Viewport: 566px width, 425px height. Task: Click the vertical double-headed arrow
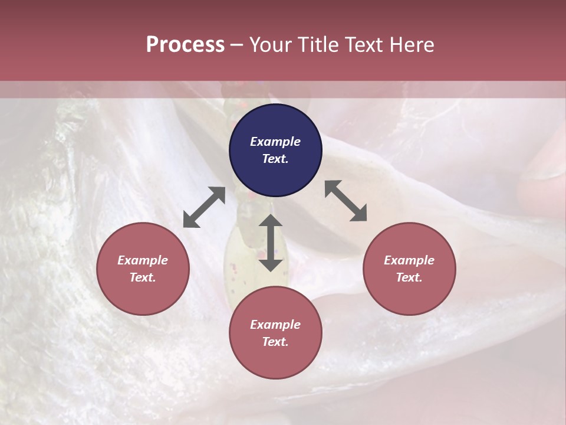(271, 243)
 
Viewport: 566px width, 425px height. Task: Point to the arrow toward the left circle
(204, 207)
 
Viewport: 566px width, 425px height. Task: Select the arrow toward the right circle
(345, 201)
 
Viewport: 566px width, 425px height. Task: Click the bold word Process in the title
(185, 45)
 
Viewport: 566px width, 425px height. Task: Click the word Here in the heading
(411, 45)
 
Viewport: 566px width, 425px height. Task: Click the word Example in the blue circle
(275, 142)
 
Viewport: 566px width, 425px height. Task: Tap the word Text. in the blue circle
(275, 159)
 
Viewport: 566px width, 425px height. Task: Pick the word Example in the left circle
(143, 260)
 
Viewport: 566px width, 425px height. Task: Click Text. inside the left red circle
(143, 277)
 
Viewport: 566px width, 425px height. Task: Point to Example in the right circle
(409, 260)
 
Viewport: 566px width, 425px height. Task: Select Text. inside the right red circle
(409, 277)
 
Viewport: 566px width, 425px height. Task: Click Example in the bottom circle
(275, 325)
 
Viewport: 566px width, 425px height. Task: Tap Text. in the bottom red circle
(275, 342)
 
